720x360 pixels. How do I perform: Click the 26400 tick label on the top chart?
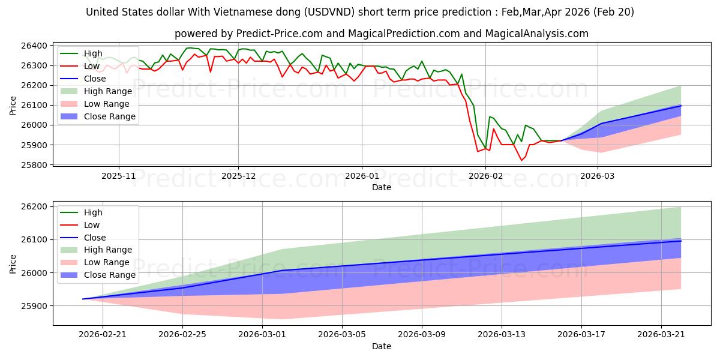[x=34, y=46]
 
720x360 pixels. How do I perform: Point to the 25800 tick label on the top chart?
[x=34, y=165]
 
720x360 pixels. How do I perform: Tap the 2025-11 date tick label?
[x=119, y=176]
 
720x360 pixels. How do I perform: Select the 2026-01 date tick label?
[x=362, y=176]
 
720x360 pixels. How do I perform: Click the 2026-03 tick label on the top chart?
[x=598, y=176]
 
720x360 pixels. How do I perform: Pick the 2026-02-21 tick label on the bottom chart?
[x=103, y=335]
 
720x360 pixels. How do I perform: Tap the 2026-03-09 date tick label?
[x=422, y=335]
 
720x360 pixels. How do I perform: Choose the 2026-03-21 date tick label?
[x=661, y=335]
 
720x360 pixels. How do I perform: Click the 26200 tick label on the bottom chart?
[x=34, y=206]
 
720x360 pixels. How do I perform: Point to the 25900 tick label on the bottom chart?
[x=34, y=306]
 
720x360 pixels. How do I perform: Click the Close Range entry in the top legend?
[x=98, y=116]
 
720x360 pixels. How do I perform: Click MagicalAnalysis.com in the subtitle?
[x=537, y=34]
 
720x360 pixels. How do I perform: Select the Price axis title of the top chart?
[x=13, y=106]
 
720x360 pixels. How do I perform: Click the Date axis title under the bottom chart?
[x=382, y=346]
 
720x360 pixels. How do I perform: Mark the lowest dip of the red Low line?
[x=521, y=160]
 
